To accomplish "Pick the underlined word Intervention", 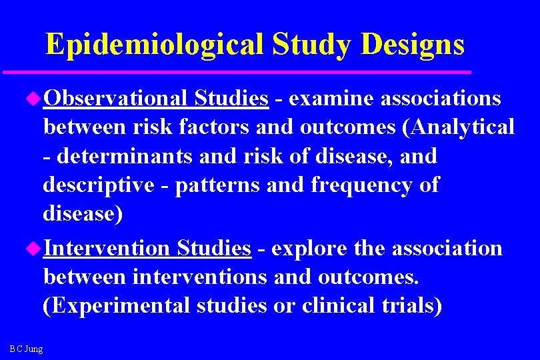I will click(x=107, y=248).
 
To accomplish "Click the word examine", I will click(x=331, y=98).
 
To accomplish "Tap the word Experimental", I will click(x=117, y=306).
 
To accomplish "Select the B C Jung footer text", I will click(x=27, y=349).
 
